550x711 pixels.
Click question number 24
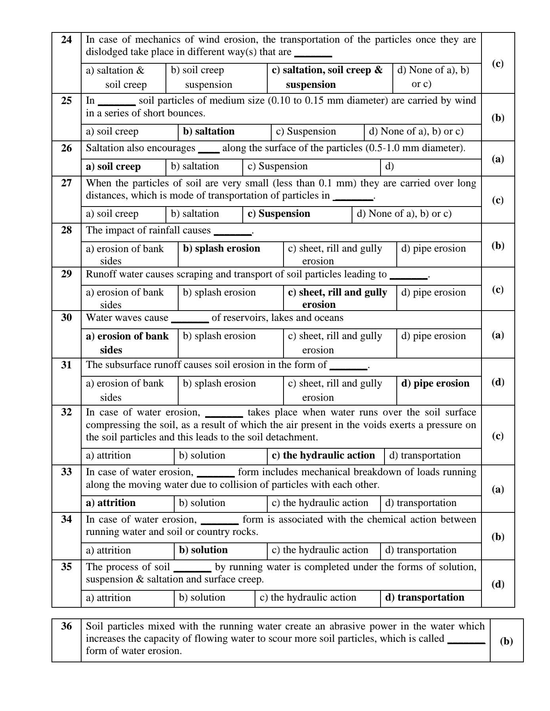pyautogui.click(x=67, y=40)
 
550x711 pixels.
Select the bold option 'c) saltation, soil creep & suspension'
pyautogui.click(x=327, y=77)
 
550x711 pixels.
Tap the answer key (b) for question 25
pyautogui.click(x=498, y=118)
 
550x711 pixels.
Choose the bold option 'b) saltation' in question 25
pyautogui.click(x=209, y=131)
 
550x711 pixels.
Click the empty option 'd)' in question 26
pyautogui.click(x=390, y=166)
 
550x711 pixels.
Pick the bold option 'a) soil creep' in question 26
pyautogui.click(x=113, y=167)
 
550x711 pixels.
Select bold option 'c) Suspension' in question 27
pyautogui.click(x=279, y=214)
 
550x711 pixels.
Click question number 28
pyautogui.click(x=67, y=230)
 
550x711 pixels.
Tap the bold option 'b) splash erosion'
pyautogui.click(x=221, y=248)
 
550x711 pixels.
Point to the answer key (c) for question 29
pyautogui.click(x=498, y=289)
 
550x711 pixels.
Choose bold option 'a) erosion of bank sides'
pyautogui.click(x=127, y=343)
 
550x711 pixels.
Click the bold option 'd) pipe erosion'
pyautogui.click(x=435, y=383)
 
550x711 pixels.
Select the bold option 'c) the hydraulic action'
pyautogui.click(x=323, y=455)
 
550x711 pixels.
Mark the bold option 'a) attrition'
pyautogui.click(x=111, y=503)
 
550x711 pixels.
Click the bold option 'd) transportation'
pyautogui.click(x=424, y=597)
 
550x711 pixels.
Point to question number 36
pyautogui.click(x=67, y=626)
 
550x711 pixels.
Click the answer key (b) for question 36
pyautogui.click(x=506, y=641)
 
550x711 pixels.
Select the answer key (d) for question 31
pyautogui.click(x=498, y=382)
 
